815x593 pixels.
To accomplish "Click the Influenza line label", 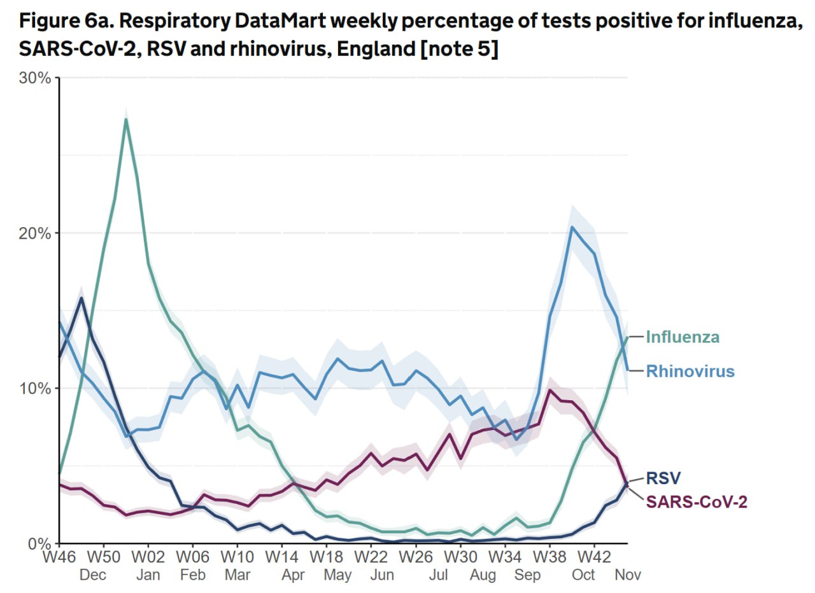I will tap(683, 337).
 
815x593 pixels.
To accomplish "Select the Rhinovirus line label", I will tap(690, 371).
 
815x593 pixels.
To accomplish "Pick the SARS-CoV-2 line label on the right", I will tap(697, 502).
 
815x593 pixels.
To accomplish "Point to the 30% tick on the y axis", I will tap(36, 78).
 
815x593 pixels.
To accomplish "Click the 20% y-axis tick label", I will tap(36, 233).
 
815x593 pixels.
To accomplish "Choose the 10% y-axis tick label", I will tap(36, 388).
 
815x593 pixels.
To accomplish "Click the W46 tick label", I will tap(59, 558).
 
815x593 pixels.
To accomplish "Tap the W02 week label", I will tap(148, 558).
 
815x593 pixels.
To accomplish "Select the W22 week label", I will tap(371, 558).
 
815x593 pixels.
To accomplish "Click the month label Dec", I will tap(92, 575).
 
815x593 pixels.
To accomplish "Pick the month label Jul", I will tap(439, 575).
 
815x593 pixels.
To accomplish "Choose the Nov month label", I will tap(627, 575).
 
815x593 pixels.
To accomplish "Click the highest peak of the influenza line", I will tap(126, 119).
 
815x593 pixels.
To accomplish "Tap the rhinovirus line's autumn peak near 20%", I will tap(572, 227).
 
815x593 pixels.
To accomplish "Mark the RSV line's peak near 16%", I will tap(81, 298).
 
